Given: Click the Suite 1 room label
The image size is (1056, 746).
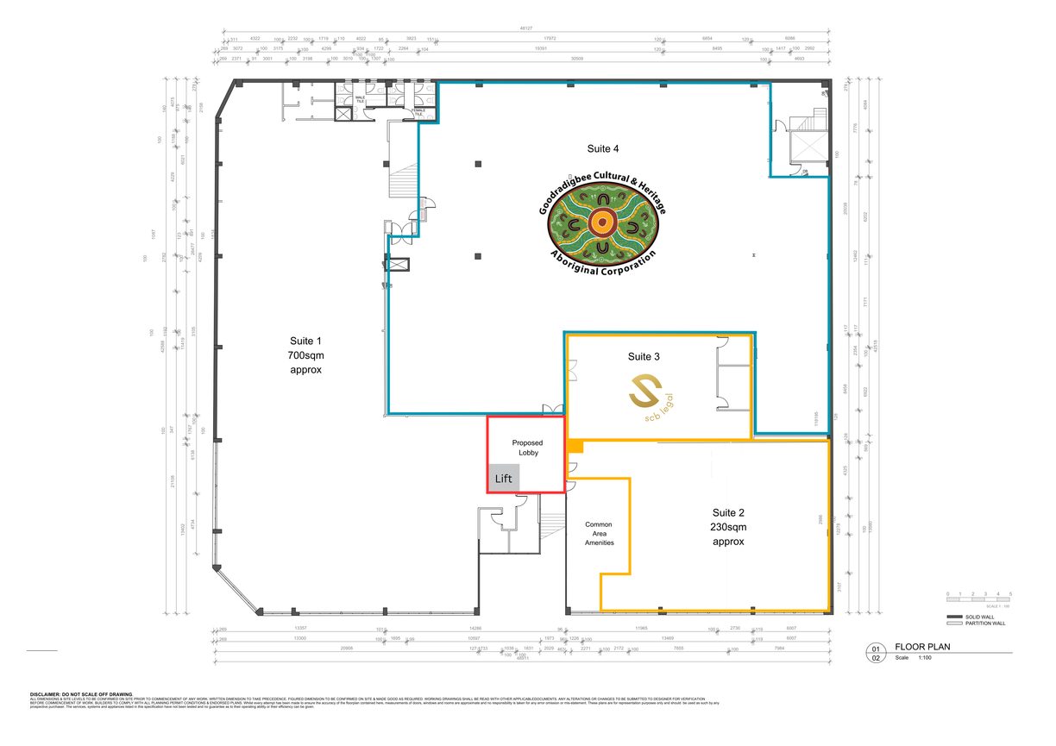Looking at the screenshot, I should pos(305,341).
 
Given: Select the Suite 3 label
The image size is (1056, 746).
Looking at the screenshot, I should pos(644,356).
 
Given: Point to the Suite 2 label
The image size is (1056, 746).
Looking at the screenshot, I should pos(728,511).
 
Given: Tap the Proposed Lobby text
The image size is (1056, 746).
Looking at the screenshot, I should pos(528,448).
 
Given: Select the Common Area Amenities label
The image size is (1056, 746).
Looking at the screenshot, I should pos(599,533).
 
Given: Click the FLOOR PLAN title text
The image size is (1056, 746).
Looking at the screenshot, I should pos(922,646).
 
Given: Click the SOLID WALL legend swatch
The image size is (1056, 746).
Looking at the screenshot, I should pos(955,617).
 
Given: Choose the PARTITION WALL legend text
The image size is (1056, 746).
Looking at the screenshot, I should pos(987,624).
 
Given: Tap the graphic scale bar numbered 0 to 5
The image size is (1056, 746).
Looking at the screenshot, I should pos(978,599).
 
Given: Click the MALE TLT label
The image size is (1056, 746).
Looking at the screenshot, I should pos(361,100).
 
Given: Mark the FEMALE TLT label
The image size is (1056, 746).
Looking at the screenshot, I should pos(419,111).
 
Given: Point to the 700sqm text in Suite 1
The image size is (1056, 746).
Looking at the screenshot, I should pos(305,354).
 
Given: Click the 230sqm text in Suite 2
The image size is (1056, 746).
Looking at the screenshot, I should pos(728,527).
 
